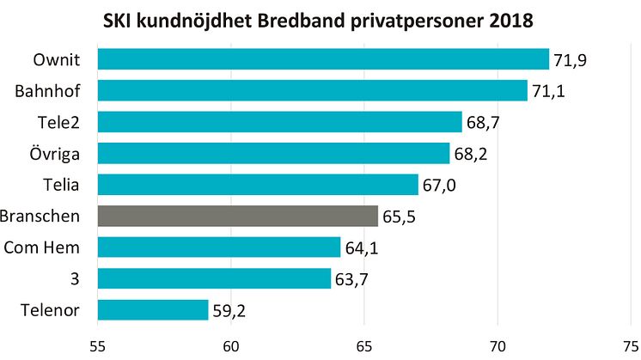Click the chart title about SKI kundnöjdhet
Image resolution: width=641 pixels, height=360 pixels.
[x=320, y=19]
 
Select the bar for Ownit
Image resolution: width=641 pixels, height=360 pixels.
[x=323, y=59]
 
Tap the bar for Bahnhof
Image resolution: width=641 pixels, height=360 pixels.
[x=312, y=90]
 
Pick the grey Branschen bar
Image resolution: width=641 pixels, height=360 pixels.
[x=237, y=216]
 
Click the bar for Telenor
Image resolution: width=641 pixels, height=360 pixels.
[x=153, y=309]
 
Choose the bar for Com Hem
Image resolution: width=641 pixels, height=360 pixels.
[x=219, y=247]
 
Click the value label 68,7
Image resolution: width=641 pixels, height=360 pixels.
[x=483, y=122]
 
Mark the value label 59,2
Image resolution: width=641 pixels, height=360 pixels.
[x=229, y=310]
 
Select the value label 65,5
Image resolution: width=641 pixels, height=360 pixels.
[x=398, y=217]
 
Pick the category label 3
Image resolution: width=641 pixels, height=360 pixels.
[x=84, y=278]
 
